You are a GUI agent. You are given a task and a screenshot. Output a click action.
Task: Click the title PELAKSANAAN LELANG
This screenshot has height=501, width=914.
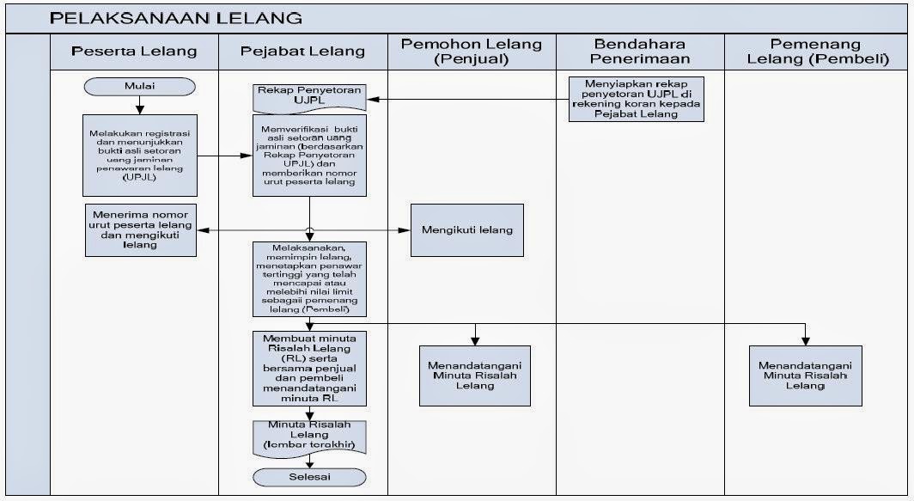tap(176, 17)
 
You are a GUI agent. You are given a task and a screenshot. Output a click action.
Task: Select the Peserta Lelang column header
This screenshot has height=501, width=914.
tap(134, 51)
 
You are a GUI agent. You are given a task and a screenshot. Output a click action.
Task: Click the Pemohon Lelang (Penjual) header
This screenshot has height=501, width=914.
tap(471, 51)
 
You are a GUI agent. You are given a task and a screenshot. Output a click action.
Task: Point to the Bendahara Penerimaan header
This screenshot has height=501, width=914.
tap(640, 51)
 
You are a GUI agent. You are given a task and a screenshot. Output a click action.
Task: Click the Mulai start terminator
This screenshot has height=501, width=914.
tap(139, 86)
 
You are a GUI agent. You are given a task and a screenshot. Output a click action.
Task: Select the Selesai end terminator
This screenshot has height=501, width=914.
tap(309, 477)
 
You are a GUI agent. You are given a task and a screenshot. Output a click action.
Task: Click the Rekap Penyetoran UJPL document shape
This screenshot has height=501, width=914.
tap(309, 96)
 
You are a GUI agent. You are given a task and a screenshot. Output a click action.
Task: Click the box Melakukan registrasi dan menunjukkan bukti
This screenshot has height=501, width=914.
tap(140, 156)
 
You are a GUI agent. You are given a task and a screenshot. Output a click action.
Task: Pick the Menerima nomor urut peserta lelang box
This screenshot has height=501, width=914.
tap(140, 229)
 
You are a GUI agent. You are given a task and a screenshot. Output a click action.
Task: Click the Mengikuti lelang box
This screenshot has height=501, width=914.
tap(466, 229)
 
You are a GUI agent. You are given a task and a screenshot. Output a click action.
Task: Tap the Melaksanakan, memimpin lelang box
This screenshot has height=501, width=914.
tap(309, 278)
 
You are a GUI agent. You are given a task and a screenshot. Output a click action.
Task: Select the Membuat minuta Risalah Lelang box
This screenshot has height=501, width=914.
tap(309, 367)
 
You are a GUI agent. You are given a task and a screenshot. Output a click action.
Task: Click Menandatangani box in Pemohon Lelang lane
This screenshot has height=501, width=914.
tap(475, 375)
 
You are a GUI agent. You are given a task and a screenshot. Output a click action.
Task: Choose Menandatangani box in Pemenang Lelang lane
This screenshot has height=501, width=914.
tap(805, 375)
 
